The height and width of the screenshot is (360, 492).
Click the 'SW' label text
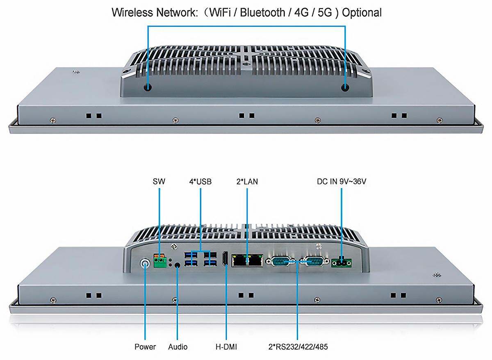(159, 181)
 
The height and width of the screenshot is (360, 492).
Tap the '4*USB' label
(200, 182)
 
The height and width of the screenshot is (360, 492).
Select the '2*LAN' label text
(247, 182)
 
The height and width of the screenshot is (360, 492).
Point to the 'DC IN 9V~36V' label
(341, 181)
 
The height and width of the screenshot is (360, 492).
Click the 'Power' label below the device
(145, 347)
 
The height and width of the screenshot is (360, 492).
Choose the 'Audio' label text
(178, 347)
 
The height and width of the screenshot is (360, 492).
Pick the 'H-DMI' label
(226, 347)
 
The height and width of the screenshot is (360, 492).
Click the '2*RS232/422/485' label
(298, 347)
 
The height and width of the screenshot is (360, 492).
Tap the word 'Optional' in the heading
(362, 13)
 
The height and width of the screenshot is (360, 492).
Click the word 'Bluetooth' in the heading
(262, 13)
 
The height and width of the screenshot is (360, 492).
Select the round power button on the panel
(145, 263)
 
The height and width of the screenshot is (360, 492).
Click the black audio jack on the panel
(177, 265)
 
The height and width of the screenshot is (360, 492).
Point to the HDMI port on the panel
(225, 259)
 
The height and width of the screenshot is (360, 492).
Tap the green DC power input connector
(342, 263)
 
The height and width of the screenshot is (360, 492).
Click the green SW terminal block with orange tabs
(160, 261)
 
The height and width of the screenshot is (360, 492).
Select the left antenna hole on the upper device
(148, 88)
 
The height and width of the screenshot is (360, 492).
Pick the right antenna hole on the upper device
(345, 88)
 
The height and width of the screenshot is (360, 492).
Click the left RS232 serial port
(280, 262)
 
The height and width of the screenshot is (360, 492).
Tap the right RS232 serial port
(314, 262)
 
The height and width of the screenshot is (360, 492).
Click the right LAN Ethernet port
(255, 261)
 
